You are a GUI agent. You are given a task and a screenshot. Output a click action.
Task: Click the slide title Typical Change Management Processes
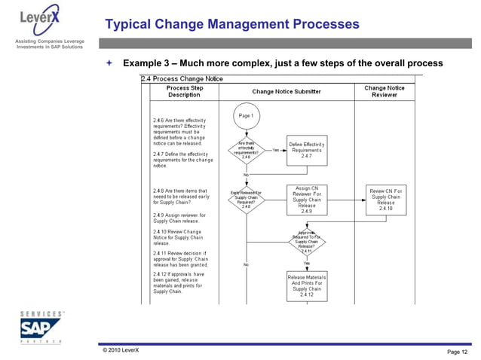pos(232,26)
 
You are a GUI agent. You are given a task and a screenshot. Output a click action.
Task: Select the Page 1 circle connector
pos(246,116)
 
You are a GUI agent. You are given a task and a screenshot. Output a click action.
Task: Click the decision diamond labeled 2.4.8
pos(246,200)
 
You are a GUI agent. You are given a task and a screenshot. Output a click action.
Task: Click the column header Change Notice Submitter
pos(286,92)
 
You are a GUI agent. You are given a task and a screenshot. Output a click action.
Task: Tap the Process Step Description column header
pos(184,92)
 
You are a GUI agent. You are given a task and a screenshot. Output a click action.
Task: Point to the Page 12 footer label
pos(457,352)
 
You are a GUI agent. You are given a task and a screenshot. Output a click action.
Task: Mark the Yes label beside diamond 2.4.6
pos(276,150)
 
